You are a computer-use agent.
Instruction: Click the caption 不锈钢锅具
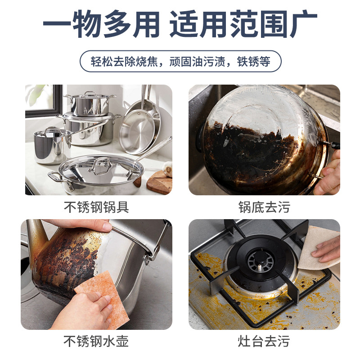pyautogui.click(x=96, y=207)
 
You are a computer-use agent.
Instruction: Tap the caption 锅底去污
pyautogui.click(x=264, y=207)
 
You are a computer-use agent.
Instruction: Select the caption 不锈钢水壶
pyautogui.click(x=96, y=341)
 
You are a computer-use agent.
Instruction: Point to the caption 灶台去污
pyautogui.click(x=264, y=341)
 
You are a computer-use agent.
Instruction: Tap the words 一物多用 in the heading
pyautogui.click(x=101, y=24)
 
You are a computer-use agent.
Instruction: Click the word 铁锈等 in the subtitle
pyautogui.click(x=253, y=62)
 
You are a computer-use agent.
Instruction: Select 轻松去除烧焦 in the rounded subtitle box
pyautogui.click(x=124, y=62)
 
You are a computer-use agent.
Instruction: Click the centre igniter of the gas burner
pyautogui.click(x=260, y=266)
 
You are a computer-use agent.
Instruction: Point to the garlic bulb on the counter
pyautogui.click(x=168, y=168)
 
